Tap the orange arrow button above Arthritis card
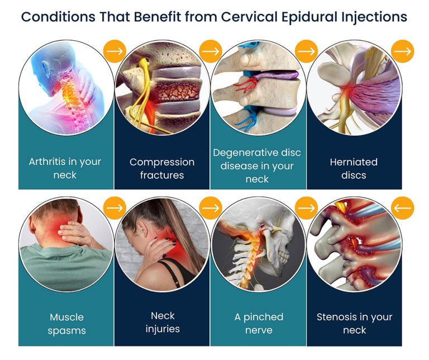[115, 51]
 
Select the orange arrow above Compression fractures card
[211, 51]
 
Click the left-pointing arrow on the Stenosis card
[402, 208]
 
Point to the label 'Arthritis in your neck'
[65, 168]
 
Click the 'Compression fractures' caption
[162, 168]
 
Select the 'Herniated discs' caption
[354, 168]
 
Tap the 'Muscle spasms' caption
[66, 324]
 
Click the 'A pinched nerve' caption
[258, 324]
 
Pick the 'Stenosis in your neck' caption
[354, 324]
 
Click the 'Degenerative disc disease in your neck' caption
[258, 165]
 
